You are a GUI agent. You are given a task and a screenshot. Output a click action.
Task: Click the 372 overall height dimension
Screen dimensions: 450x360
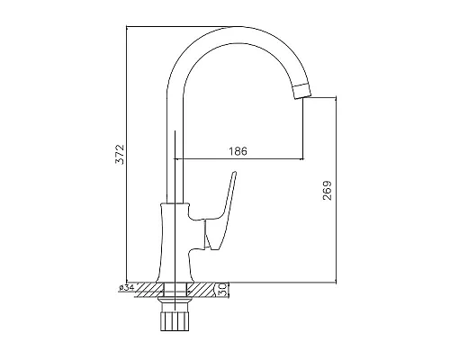pos(120,154)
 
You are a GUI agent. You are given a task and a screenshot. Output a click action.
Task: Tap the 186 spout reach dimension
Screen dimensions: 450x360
pos(238,151)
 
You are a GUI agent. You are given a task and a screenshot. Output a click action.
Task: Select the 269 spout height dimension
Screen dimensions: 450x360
pos(328,191)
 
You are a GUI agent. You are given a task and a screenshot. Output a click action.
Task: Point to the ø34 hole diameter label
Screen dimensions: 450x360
pos(126,288)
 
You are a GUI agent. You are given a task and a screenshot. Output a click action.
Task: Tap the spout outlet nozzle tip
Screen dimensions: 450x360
pos(301,90)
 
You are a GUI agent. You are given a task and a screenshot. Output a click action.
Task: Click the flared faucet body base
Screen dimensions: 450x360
pos(175,243)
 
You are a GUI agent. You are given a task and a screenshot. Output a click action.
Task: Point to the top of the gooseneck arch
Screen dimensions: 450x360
pos(237,27)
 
